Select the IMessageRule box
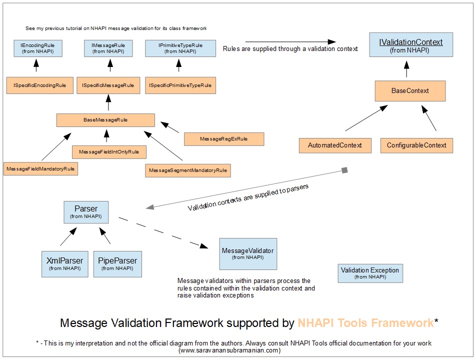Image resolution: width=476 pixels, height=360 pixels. [x=108, y=48]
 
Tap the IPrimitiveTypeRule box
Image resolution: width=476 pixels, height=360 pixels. [x=180, y=48]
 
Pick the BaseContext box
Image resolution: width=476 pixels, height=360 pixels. [x=410, y=91]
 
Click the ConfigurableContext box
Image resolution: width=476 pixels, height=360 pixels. [x=416, y=145]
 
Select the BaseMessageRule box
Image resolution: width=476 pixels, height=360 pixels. [x=105, y=120]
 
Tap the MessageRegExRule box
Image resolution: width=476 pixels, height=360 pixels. [x=223, y=138]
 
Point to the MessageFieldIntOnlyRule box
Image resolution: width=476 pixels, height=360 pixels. [x=109, y=151]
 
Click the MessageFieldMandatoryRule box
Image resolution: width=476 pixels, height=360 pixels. [x=41, y=169]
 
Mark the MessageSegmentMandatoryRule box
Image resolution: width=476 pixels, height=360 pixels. [x=188, y=170]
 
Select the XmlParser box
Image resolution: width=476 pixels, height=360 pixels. [x=64, y=264]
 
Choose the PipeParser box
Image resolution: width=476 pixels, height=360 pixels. [x=117, y=264]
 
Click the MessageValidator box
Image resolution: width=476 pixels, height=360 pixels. [x=248, y=253]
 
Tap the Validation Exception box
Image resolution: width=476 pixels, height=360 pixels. [x=370, y=273]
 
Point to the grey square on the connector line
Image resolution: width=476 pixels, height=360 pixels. [x=344, y=170]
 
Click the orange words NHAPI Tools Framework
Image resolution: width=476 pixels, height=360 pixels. [x=365, y=323]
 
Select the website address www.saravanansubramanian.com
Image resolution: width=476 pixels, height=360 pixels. [x=230, y=350]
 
